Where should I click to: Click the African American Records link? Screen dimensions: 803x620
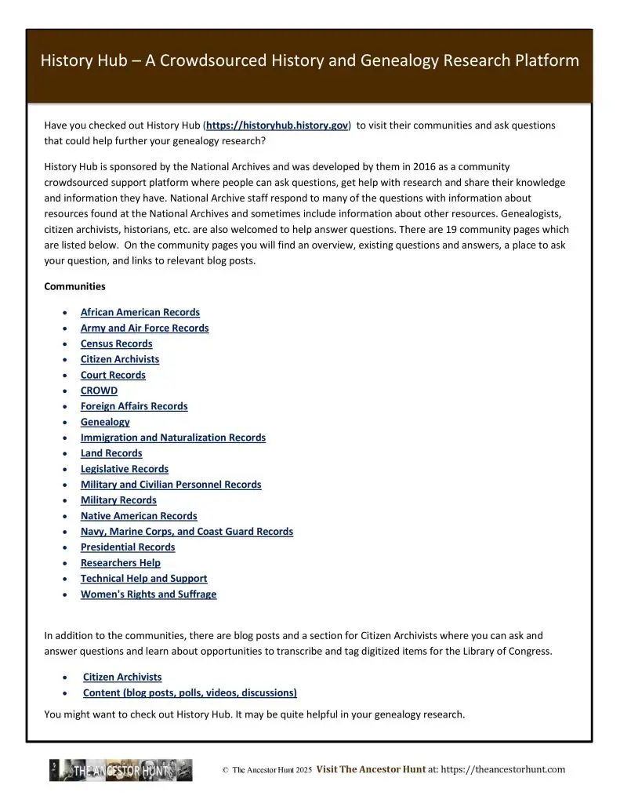click(x=140, y=312)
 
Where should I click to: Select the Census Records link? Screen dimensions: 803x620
click(x=116, y=343)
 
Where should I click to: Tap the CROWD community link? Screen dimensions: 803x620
click(x=99, y=391)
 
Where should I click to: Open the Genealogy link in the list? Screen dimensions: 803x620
click(x=105, y=422)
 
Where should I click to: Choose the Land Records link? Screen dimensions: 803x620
click(x=111, y=453)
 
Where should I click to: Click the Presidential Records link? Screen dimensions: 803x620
click(x=128, y=547)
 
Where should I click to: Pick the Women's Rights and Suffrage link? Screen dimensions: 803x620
click(x=148, y=594)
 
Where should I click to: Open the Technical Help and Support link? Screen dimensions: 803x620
click(x=143, y=579)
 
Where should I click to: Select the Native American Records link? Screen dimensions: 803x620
click(x=139, y=516)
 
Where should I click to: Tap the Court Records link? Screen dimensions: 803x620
click(x=113, y=375)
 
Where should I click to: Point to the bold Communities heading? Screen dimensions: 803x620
click(x=74, y=286)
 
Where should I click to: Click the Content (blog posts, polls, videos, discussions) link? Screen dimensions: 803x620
click(x=190, y=692)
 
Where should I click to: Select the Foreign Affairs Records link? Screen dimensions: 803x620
click(x=134, y=406)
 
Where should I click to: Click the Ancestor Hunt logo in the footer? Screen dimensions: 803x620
click(x=121, y=770)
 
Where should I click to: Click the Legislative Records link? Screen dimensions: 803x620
click(x=124, y=469)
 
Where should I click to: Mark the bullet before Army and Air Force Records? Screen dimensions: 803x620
click(x=63, y=329)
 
